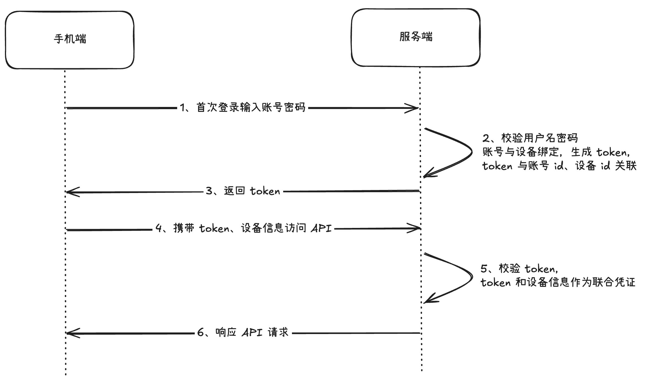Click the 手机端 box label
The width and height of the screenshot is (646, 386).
pos(70,39)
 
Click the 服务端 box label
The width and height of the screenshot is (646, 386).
pos(416,37)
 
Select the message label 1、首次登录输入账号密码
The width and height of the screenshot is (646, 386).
pos(243,107)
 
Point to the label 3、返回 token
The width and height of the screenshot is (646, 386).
pos(243,191)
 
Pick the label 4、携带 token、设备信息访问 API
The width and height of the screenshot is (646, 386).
pos(243,228)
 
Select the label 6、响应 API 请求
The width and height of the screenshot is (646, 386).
pos(243,332)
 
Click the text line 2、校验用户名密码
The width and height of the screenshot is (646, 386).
pos(530,138)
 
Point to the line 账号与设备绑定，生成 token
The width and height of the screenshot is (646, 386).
pos(556,152)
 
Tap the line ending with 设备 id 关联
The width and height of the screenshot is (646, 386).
pos(559,166)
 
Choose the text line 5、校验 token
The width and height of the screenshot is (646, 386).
pos(519,269)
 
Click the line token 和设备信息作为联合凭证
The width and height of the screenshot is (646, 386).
pos(558,282)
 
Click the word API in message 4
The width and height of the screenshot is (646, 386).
pos(321,228)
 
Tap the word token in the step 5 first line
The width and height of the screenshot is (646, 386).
pos(539,269)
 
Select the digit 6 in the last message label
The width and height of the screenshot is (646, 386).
pos(201,333)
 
